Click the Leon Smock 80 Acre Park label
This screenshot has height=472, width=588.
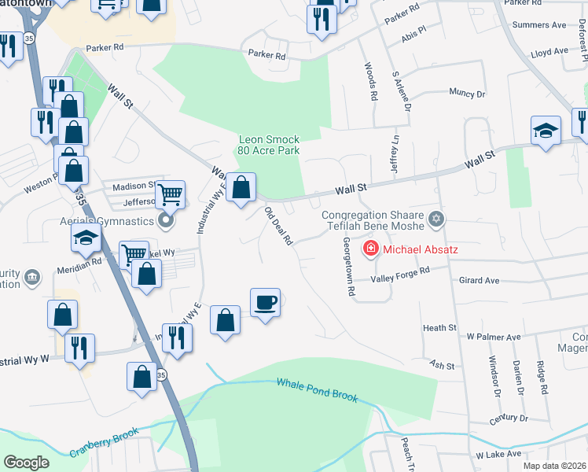click(x=269, y=146)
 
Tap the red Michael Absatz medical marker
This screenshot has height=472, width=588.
click(x=368, y=250)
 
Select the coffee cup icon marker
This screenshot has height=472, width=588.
click(x=265, y=302)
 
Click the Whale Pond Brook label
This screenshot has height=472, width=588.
click(x=317, y=389)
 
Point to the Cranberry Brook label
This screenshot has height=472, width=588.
click(x=104, y=442)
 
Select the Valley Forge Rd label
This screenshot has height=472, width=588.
click(x=402, y=273)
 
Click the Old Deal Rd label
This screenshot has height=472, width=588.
click(x=278, y=226)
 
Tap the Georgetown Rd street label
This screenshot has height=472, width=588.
click(x=346, y=267)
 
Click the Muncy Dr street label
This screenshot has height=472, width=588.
click(x=467, y=93)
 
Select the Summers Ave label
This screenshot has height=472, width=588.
click(x=538, y=25)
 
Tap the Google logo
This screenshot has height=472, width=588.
click(x=26, y=463)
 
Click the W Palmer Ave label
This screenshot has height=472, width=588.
click(x=494, y=337)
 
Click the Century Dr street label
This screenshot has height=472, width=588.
click(x=507, y=418)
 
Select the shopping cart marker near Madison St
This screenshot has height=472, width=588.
click(x=170, y=193)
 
